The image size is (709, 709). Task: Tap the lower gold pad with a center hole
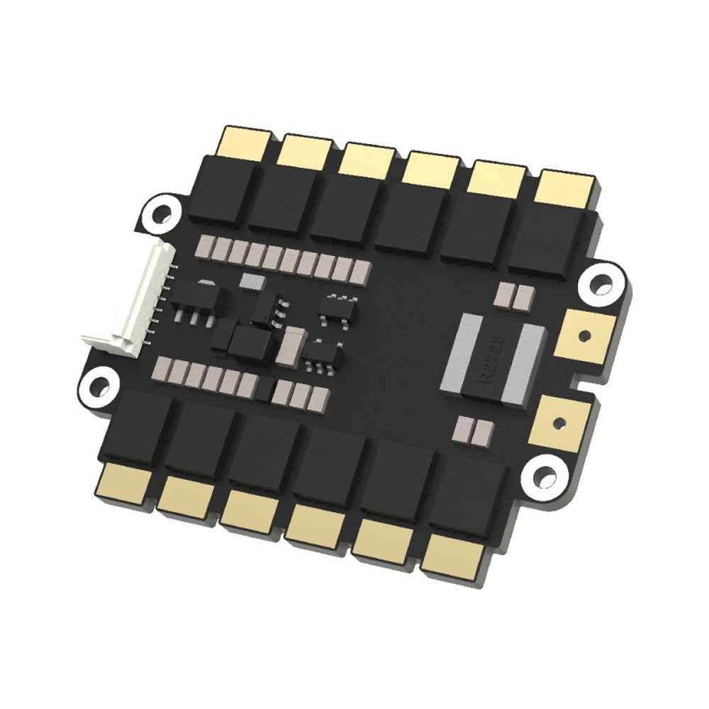(559, 423)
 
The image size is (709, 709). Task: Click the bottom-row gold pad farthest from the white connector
(454, 554)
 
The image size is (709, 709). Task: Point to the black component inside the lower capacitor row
(264, 389)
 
